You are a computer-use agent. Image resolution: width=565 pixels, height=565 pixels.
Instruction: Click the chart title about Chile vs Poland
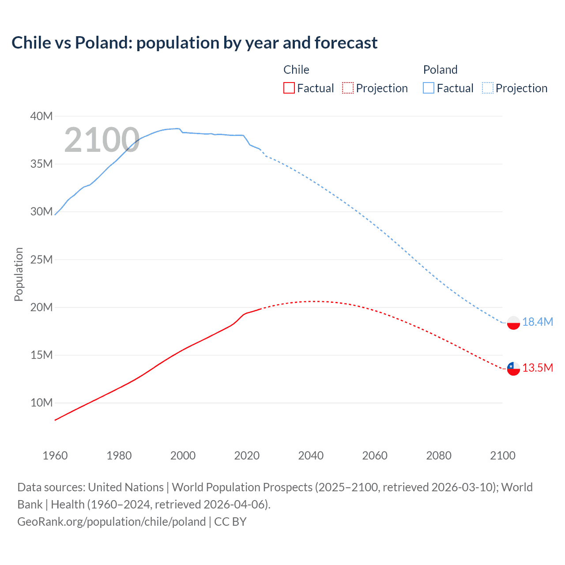point(194,43)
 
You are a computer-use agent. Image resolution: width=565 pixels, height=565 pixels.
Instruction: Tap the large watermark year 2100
point(102,140)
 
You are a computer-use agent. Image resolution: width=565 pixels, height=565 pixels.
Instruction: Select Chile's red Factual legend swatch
point(289,88)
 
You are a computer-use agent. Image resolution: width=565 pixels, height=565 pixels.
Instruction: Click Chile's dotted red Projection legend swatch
point(348,88)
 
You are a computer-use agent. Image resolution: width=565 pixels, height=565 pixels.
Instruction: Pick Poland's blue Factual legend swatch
point(428,88)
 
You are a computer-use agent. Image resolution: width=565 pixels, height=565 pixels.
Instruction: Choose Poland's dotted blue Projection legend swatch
point(487,88)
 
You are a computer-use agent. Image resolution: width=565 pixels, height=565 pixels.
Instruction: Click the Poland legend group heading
point(440,70)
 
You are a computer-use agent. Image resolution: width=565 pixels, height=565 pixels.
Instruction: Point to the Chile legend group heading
point(296,70)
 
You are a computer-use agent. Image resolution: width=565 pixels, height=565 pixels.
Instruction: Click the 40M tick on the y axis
point(41,116)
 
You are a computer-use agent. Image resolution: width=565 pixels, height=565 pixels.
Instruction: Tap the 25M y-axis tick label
point(41,260)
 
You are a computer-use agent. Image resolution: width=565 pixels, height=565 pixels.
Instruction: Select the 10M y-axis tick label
point(41,403)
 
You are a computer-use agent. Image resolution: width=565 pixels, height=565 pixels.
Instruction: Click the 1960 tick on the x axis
point(55,456)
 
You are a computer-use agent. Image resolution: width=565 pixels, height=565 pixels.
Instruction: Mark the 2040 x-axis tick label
point(311,456)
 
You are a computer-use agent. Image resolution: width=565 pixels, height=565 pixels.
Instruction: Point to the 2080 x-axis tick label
point(439,456)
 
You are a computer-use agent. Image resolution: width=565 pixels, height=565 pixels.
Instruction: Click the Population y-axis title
point(19,274)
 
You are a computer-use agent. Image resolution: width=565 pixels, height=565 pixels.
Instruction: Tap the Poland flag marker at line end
point(513,323)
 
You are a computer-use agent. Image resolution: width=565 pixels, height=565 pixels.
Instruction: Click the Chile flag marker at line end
point(513,368)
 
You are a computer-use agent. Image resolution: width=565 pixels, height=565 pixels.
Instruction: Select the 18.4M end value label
point(538,322)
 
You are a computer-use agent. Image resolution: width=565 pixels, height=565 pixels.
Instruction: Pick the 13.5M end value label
point(538,368)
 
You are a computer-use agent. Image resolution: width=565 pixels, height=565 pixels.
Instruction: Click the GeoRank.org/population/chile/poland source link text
point(112,522)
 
